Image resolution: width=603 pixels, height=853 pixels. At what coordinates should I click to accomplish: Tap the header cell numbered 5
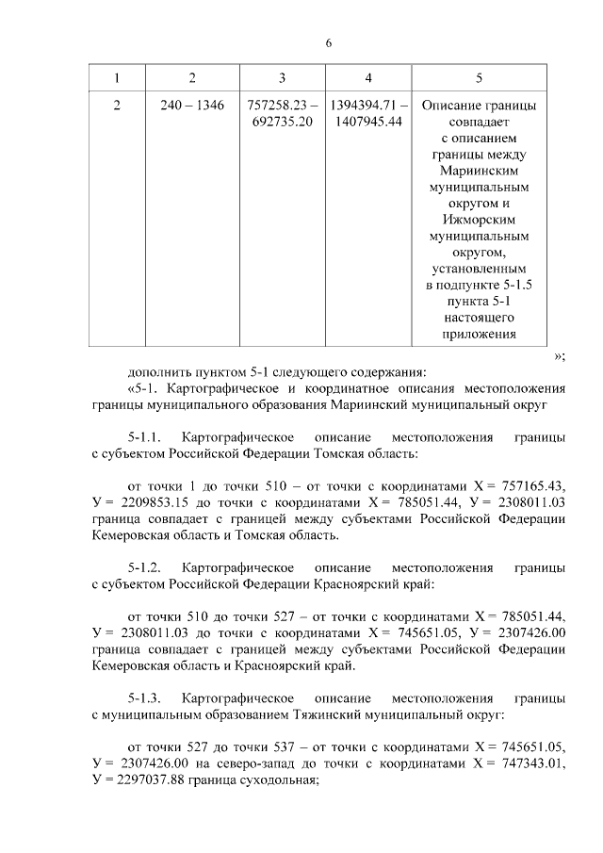[x=480, y=76]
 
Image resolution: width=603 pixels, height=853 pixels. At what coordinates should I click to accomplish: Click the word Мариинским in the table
[x=480, y=172]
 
